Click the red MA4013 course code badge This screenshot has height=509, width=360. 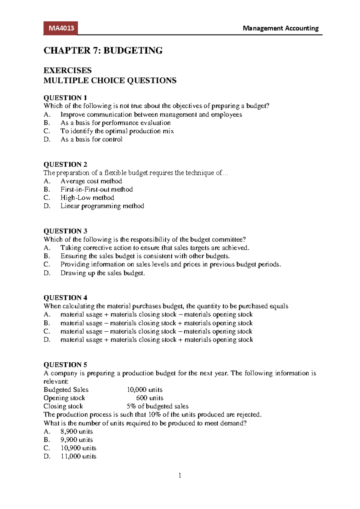coord(61,29)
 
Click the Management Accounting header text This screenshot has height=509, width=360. coord(280,28)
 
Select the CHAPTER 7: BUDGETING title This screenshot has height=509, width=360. coord(103,50)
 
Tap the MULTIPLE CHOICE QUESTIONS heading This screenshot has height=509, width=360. coord(110,80)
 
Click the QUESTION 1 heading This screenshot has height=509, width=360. coord(65,98)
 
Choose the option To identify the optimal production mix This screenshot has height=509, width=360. coord(117,131)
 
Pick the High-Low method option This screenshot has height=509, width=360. coord(87,198)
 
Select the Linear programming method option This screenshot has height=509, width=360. coord(102,206)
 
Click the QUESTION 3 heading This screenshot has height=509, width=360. coord(65,231)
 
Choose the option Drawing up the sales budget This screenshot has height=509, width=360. coord(103,273)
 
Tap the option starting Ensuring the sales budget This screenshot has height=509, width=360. coord(145,256)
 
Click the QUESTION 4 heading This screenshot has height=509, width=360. coord(65,298)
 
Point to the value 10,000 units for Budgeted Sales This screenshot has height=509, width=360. coord(145,390)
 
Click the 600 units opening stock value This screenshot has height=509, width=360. coord(150,398)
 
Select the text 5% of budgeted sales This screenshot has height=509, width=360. coord(157,406)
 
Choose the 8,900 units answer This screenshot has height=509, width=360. coord(76,432)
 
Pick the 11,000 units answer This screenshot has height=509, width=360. coord(78,456)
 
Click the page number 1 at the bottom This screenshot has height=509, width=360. coord(180,475)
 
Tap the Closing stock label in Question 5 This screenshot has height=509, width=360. coord(63,406)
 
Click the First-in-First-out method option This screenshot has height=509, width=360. coord(97,189)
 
